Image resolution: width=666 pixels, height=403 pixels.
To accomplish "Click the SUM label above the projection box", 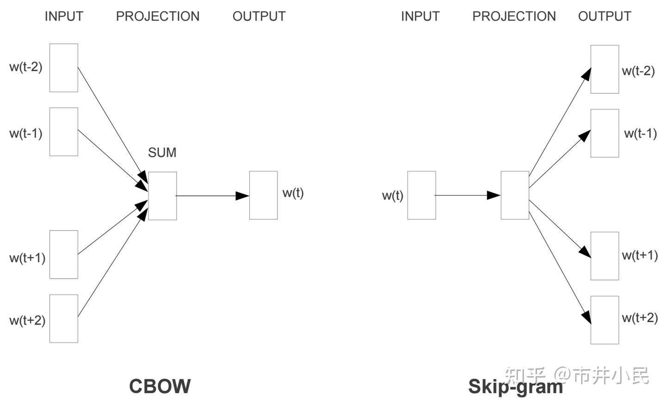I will pos(162,153).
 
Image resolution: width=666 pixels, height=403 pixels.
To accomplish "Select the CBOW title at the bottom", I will pos(160,386).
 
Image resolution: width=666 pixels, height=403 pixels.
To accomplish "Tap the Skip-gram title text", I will pos(515,386).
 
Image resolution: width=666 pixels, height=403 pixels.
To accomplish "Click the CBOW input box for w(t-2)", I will pos(64,68).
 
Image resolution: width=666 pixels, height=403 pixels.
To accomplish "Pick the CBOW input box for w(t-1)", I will pos(64,132).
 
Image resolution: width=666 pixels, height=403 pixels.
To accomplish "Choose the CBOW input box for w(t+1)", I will pos(64,255).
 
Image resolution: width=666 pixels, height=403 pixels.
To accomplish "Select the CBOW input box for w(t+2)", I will pos(64,319).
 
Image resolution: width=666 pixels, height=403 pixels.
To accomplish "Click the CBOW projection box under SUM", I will pos(162,196).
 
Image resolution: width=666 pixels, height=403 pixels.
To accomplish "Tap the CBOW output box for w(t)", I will pos(264,195).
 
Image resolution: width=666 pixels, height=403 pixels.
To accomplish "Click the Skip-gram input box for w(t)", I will pos(421,195).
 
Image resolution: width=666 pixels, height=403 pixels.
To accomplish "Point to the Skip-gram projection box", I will pos(515,195).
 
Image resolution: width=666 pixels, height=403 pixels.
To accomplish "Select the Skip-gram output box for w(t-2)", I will pos(604,69).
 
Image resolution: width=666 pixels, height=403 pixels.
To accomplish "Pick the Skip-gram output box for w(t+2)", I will pos(604,320).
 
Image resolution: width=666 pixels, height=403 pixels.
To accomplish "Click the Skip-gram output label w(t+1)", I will pos(640,255).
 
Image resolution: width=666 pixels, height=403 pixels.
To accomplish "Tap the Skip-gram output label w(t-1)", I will pos(640,134).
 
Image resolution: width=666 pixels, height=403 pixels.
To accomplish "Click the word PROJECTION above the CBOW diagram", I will pos(158,16).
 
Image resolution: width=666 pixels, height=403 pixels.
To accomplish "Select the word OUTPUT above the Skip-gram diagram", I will pos(604,16).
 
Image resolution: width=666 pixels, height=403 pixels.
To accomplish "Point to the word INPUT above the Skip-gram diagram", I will pos(420,16).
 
